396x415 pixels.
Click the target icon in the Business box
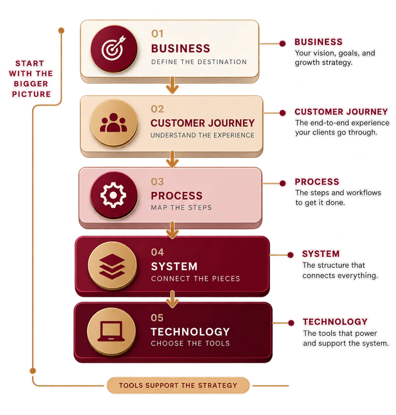coord(114,48)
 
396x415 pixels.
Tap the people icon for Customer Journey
coord(114,123)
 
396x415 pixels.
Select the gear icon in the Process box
coord(113,195)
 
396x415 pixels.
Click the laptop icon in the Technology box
coord(111,331)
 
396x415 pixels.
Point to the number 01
coord(157,34)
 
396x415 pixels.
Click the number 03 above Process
coord(157,182)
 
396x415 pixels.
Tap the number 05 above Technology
coord(157,318)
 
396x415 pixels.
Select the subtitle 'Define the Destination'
coord(199,62)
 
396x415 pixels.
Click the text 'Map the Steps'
coord(181,208)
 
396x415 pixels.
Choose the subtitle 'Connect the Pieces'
coord(195,279)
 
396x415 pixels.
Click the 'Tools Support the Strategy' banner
coord(178,385)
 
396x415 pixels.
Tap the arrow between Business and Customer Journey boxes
coord(172,85)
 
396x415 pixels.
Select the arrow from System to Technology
coord(172,299)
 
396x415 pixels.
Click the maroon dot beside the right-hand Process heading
coord(282,183)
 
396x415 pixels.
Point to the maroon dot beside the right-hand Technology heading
coord(291,323)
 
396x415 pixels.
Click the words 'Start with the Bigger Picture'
coord(31,79)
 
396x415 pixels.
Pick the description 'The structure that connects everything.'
coord(340,270)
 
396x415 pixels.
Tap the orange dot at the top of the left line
coord(61,31)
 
